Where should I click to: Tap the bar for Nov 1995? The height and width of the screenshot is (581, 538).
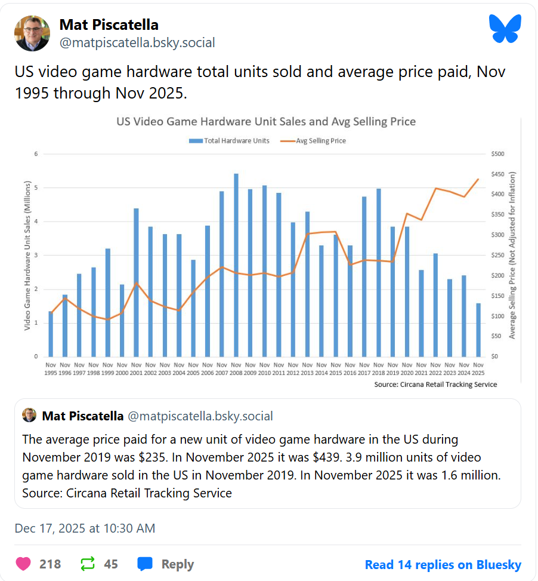(51, 334)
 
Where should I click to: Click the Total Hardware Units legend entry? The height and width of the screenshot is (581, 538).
(229, 141)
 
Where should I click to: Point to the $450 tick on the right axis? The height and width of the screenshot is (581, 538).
(497, 174)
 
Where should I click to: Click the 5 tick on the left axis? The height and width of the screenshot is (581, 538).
(36, 188)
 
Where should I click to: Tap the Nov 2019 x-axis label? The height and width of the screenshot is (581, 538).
(393, 368)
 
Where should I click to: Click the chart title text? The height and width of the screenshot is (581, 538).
(265, 122)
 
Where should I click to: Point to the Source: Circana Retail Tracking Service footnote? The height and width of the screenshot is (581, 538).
(435, 385)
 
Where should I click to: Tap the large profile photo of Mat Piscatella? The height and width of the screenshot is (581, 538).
(32, 33)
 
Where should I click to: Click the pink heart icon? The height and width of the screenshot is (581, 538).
(23, 564)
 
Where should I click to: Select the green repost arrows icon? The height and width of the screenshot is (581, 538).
(88, 564)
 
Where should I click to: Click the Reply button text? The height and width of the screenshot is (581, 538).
(177, 564)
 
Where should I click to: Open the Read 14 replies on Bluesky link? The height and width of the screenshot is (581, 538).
(443, 565)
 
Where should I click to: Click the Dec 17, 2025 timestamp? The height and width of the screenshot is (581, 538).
(85, 528)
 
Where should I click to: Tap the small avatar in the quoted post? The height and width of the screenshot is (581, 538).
(29, 416)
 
